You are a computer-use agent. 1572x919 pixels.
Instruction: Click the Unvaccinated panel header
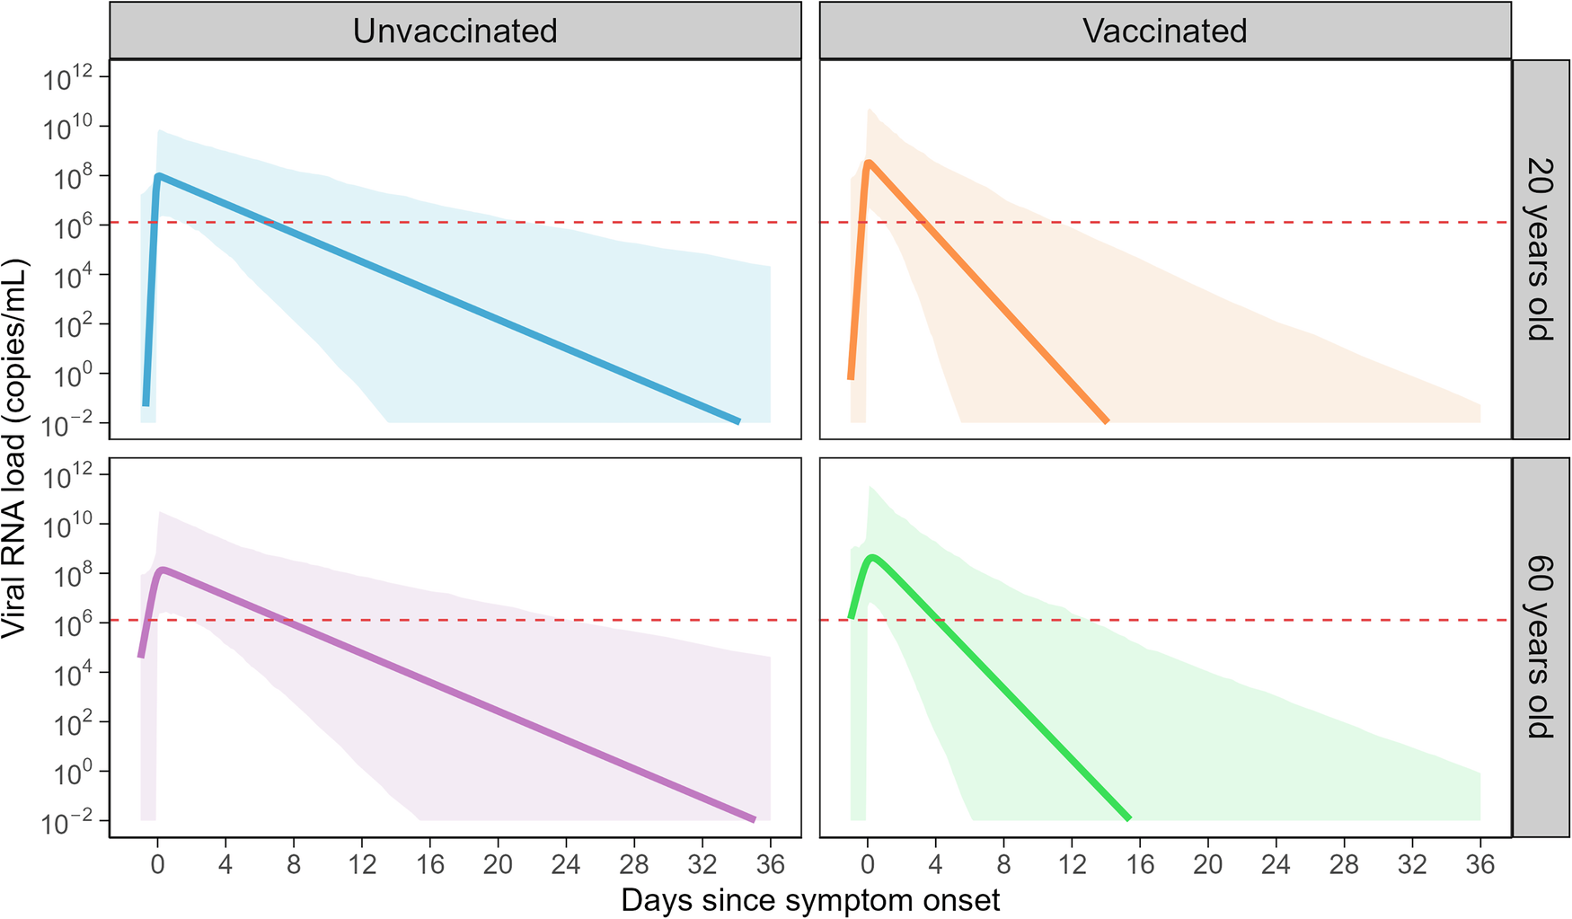pos(455,31)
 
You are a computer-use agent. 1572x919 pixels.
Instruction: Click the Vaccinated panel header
pos(1164,31)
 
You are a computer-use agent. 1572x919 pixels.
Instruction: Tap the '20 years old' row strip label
pos(1540,249)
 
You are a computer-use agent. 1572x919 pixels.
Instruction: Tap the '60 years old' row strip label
pos(1540,647)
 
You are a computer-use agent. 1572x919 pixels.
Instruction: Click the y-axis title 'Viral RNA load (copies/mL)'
pos(15,449)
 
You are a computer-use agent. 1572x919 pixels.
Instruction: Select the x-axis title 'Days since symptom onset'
pos(810,900)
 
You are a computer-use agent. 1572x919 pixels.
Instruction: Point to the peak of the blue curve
pos(158,176)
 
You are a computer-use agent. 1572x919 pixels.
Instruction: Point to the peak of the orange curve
pos(869,163)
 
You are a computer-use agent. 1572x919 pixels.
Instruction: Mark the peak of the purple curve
pos(162,570)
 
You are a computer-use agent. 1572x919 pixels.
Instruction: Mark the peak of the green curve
pos(871,558)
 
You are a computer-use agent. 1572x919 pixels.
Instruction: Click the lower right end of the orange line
pos(1107,420)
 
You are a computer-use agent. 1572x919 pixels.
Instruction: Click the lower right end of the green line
pos(1128,818)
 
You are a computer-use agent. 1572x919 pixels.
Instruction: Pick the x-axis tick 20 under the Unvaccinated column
pos(498,865)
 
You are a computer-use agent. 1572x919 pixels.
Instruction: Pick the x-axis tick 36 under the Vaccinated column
pos(1479,865)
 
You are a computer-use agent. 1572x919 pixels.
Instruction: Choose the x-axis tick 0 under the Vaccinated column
pos(867,865)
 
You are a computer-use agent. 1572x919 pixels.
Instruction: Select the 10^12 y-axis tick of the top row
pos(68,79)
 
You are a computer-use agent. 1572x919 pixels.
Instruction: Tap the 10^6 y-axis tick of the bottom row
pos(68,624)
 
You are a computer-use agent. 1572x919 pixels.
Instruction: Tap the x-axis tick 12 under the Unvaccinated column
pos(361,865)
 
